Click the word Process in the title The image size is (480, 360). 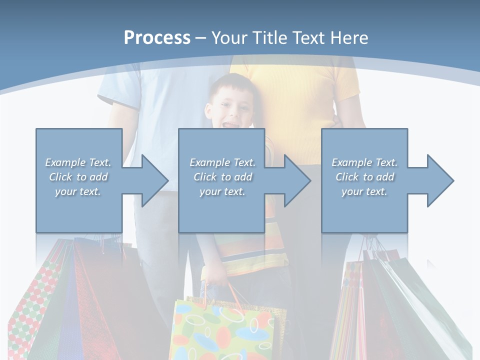point(157,38)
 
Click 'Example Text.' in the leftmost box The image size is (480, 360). point(78,162)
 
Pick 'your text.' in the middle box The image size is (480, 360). point(222,191)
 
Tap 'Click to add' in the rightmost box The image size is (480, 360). point(365,177)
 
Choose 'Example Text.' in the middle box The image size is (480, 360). point(222,162)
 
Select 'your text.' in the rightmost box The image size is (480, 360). point(364,191)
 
